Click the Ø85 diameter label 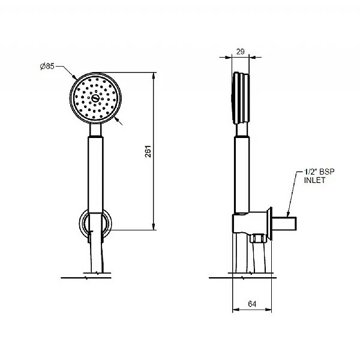pos(47,67)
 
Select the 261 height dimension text pos(148,151)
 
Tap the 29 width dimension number pos(240,52)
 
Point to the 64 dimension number pos(252,304)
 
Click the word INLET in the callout pos(315,180)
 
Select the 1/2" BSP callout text pos(319,172)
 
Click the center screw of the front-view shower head pos(95,98)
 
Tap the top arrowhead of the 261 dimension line pos(154,76)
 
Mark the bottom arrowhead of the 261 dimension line pos(154,226)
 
